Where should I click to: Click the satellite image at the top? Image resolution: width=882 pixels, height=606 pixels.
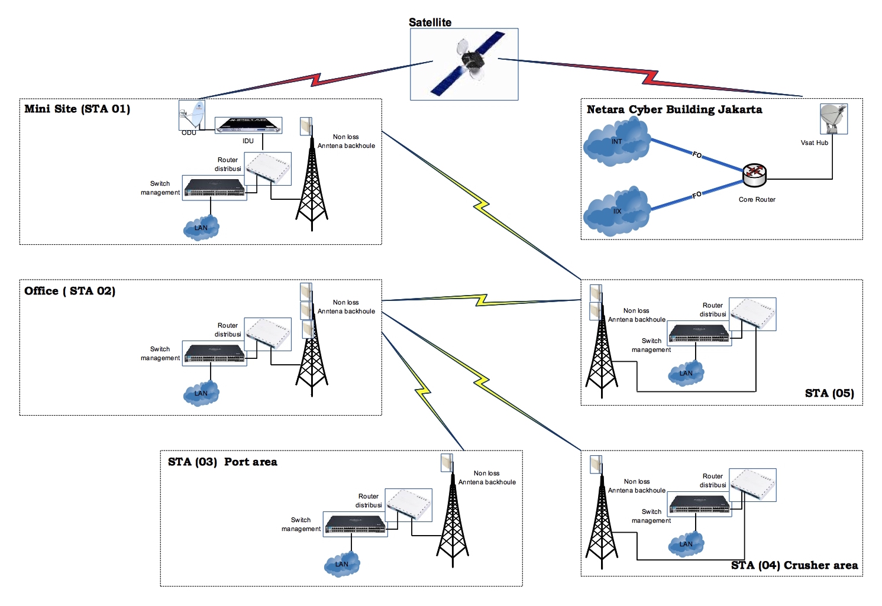pos(464,64)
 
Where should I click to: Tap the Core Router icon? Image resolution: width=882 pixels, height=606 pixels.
pos(754,173)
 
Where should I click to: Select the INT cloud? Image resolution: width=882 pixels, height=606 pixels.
pos(617,142)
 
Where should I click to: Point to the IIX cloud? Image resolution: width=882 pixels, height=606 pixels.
pos(617,212)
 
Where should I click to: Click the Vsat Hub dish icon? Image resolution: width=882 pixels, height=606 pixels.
pos(833,118)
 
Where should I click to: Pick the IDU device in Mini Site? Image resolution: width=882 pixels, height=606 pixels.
pos(248,125)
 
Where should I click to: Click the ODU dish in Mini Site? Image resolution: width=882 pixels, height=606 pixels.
pos(192,115)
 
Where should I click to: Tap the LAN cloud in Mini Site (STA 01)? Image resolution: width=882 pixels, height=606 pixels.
pos(201,228)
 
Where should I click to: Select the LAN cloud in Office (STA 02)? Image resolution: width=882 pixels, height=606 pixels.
pos(201,393)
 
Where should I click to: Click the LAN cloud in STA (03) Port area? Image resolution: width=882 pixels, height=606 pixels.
pos(342,564)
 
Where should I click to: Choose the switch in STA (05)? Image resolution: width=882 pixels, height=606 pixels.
pos(699,334)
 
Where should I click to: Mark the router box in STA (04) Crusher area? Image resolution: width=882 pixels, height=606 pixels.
pos(752,485)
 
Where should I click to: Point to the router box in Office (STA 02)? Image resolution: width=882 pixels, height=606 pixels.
pos(268,335)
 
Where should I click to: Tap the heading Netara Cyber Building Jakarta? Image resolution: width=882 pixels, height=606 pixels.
pos(674,109)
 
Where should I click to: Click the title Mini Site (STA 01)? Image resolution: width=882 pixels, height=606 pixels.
pos(77,109)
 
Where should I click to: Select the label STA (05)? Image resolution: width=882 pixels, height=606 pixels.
pos(829,393)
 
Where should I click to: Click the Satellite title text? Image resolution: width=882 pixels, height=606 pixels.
pos(430,22)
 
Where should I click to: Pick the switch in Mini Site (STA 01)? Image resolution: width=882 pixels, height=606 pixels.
pos(215,188)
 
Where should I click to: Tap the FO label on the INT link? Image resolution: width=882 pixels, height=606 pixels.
pos(697,155)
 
